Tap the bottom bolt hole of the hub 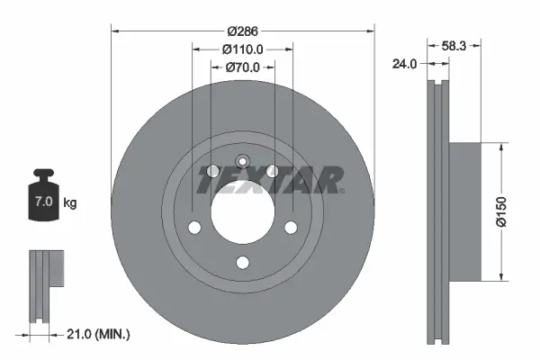tap(241, 263)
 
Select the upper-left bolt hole tap(212, 172)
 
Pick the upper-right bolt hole tap(273, 172)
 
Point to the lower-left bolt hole tap(193, 228)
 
